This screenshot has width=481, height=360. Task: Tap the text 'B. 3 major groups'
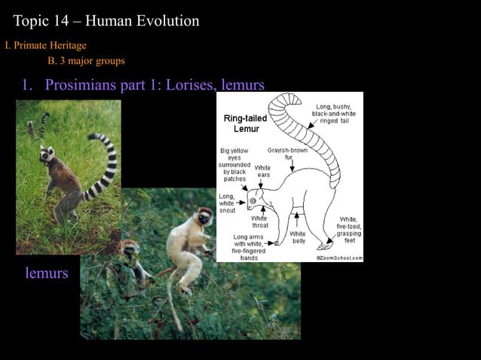pyautogui.click(x=86, y=60)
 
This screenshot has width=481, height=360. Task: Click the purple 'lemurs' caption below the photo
pyautogui.click(x=47, y=273)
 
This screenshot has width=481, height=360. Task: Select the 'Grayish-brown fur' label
pyautogui.click(x=287, y=154)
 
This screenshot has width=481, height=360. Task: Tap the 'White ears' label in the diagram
pyautogui.click(x=262, y=171)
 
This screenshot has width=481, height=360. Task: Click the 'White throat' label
pyautogui.click(x=259, y=221)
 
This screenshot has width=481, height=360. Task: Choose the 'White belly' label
pyautogui.click(x=298, y=237)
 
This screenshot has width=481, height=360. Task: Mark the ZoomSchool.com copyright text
pyautogui.click(x=339, y=258)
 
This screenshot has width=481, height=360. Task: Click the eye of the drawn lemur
pyautogui.click(x=253, y=200)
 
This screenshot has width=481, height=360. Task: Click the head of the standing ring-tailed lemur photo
pyautogui.click(x=48, y=155)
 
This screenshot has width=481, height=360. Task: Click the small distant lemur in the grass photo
pyautogui.click(x=32, y=128)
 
